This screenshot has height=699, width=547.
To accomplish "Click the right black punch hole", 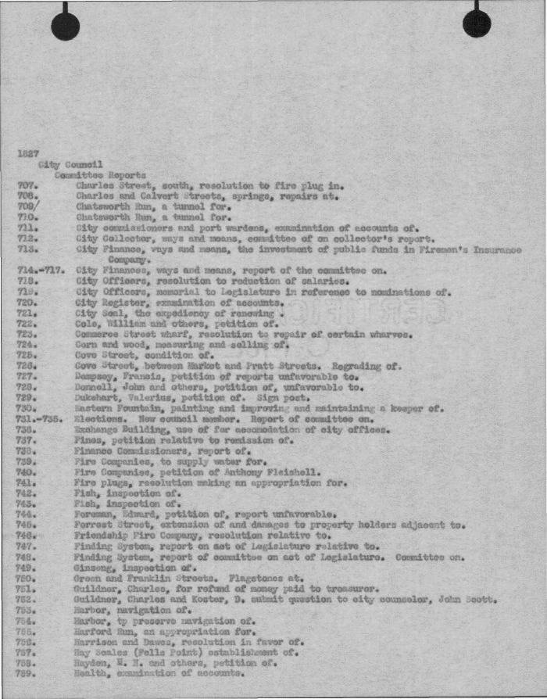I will coord(477,23).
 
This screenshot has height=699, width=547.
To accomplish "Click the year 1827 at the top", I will coord(23,154).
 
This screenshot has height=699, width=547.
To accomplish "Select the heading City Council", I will coord(64,165).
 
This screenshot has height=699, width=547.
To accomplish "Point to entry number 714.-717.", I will coord(35,270).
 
